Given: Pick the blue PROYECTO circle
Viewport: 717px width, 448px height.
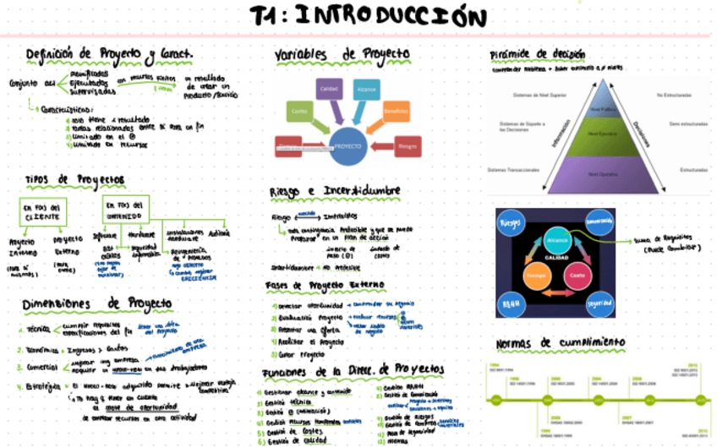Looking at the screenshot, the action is (348, 146).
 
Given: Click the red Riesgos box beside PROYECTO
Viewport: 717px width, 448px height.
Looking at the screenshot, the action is (408, 147).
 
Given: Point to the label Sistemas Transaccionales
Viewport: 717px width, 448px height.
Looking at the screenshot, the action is (513, 171).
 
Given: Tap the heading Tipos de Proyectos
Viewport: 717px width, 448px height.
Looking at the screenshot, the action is (74, 180).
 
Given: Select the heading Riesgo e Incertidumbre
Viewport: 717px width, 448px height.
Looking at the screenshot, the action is (335, 192).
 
